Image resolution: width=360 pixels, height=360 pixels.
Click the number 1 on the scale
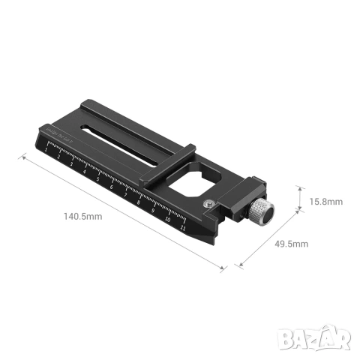coord(46,151)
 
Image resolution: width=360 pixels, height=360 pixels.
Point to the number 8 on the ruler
coord(139,200)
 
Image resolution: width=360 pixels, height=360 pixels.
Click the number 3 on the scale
coord(72,164)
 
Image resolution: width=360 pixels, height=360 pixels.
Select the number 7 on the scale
coord(124,193)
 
